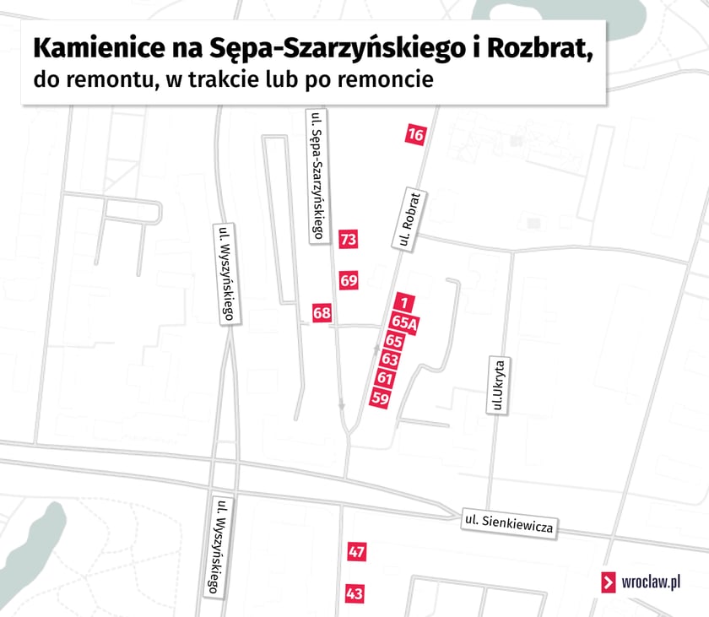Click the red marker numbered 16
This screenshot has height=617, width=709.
(x=414, y=134)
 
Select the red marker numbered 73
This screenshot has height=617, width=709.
(x=349, y=240)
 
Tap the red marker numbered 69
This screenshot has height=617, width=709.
(x=349, y=280)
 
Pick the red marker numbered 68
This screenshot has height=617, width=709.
(x=322, y=313)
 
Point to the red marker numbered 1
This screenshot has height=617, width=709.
(x=404, y=302)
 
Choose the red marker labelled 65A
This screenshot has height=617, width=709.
(x=403, y=322)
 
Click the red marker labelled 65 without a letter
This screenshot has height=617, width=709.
(x=393, y=340)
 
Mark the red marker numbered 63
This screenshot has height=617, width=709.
(x=389, y=360)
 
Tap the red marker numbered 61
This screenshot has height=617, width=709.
(x=386, y=378)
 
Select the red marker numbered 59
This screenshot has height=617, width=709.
(x=380, y=398)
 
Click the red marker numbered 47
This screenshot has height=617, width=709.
(x=356, y=552)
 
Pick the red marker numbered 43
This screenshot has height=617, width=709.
(x=354, y=594)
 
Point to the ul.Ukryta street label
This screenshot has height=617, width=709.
(x=498, y=385)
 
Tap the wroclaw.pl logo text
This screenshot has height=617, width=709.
(x=651, y=582)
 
